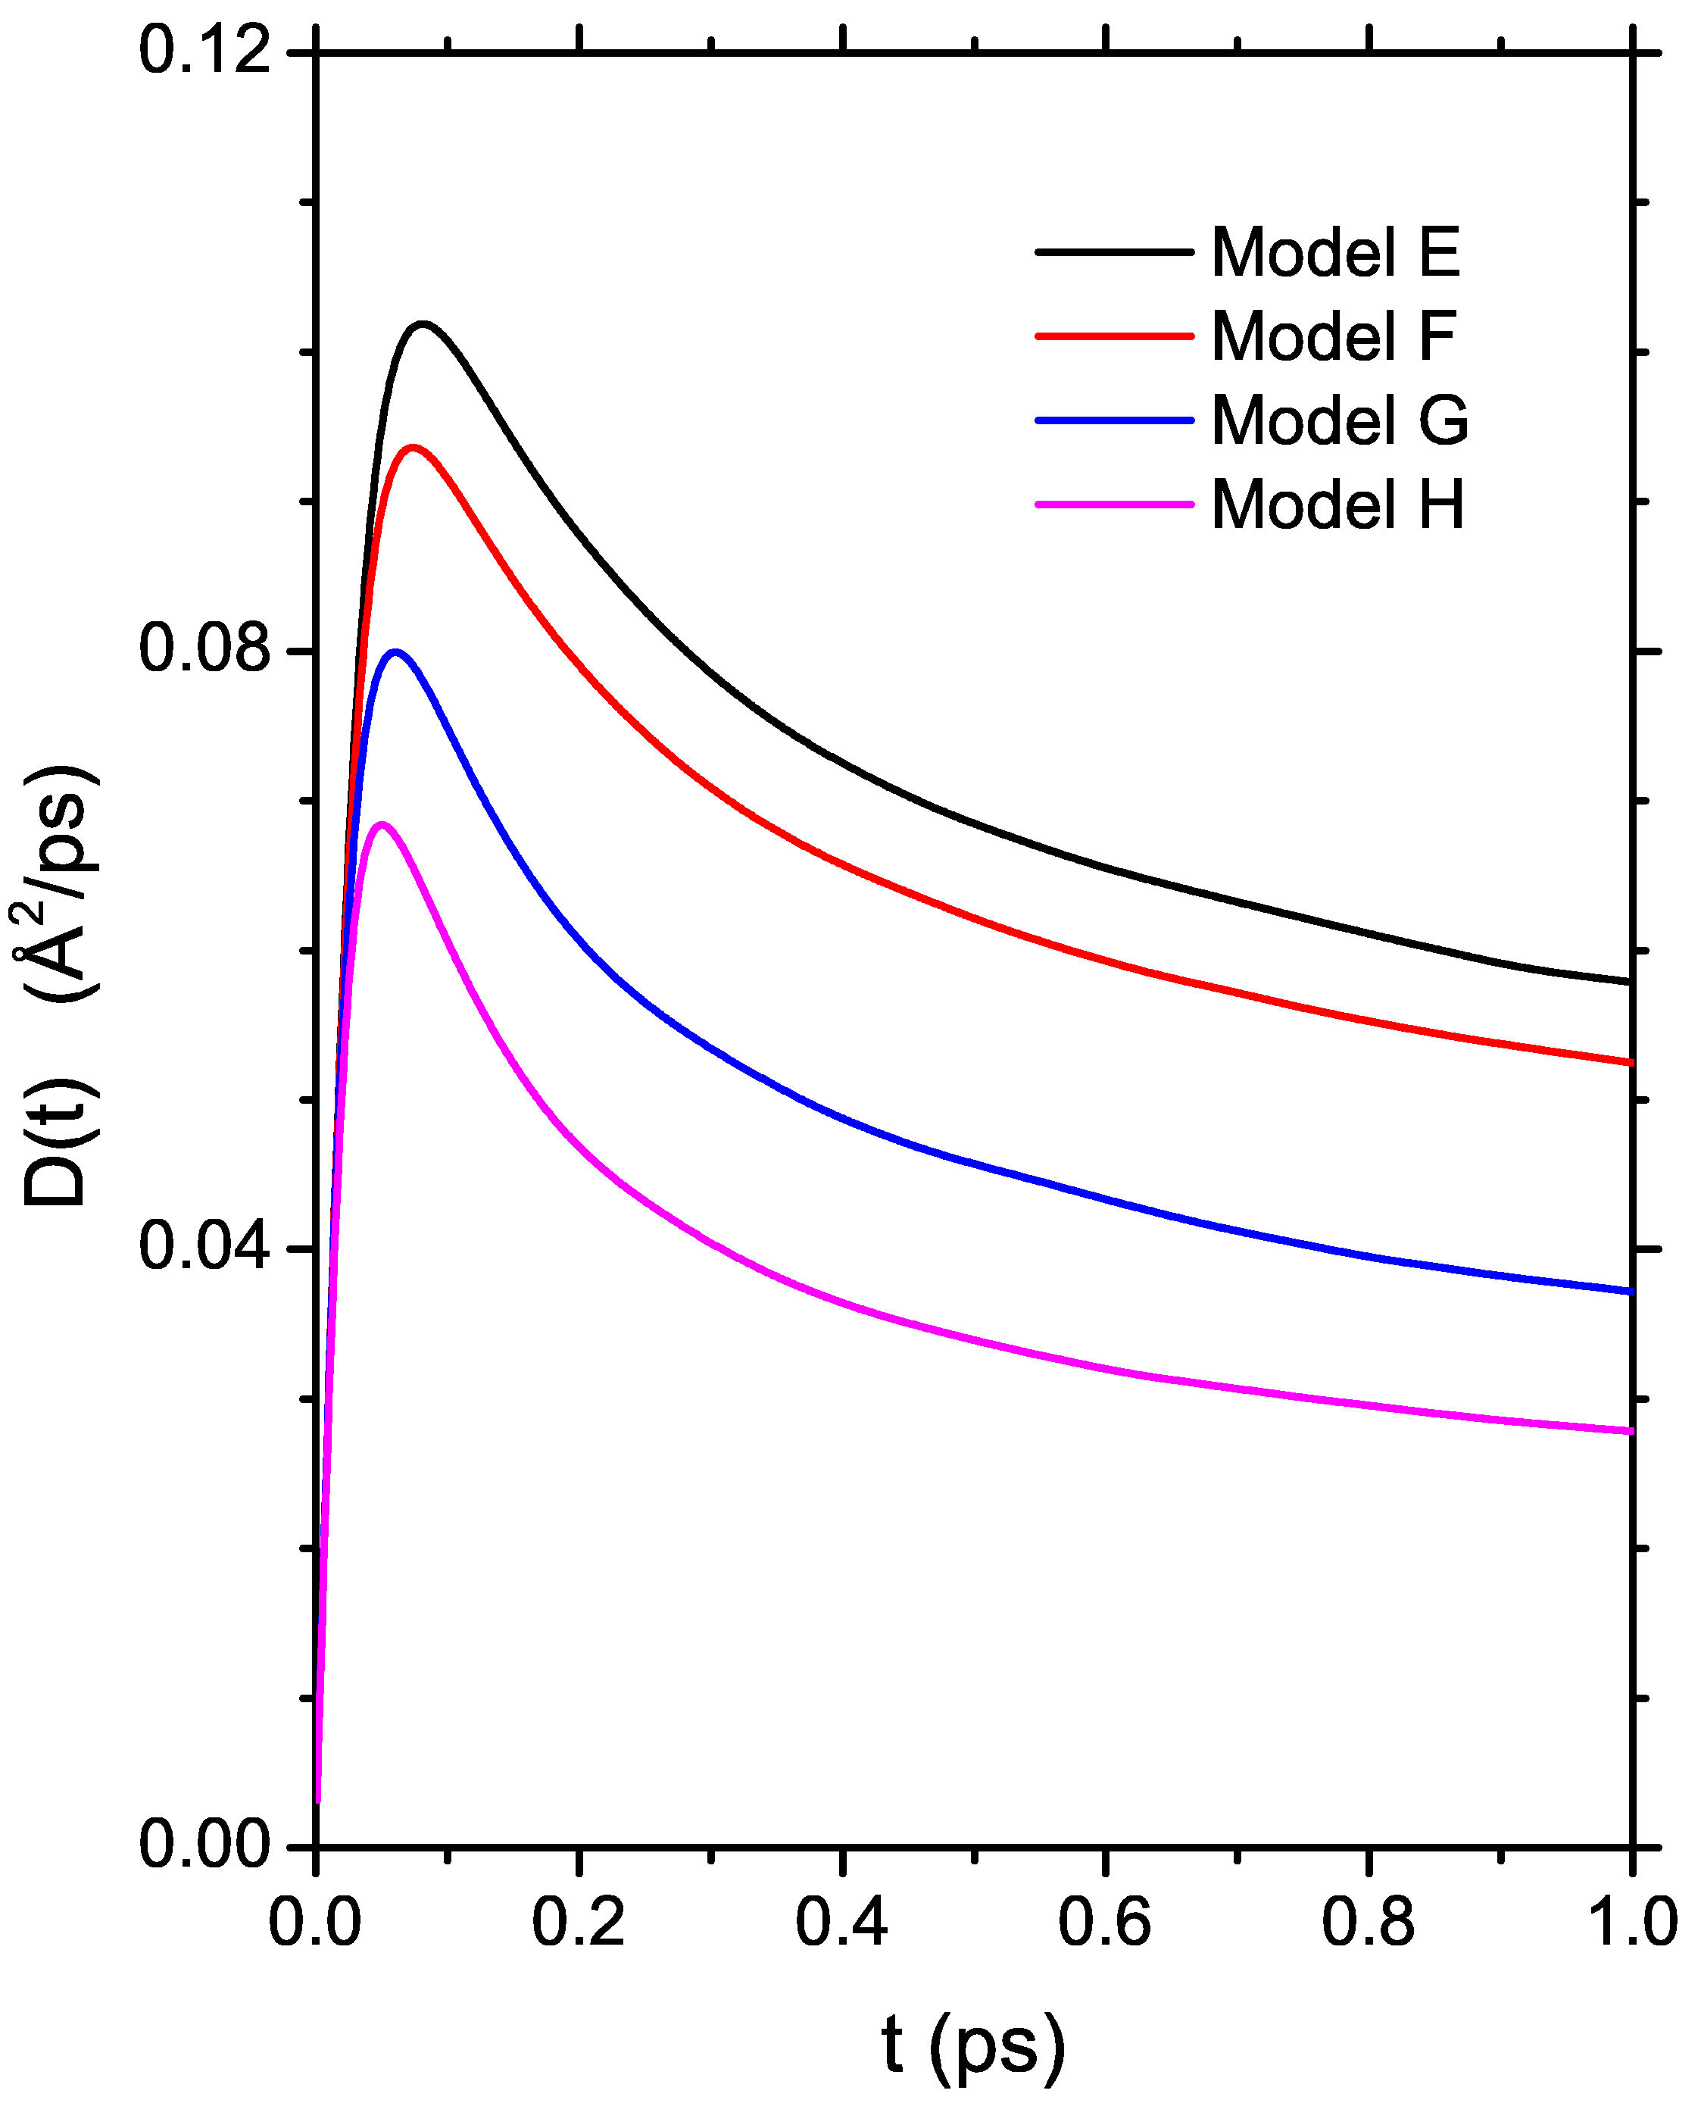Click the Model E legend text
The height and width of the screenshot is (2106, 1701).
[x=1334, y=253]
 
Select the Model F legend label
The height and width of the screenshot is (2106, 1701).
[x=1333, y=337]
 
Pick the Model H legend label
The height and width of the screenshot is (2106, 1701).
[x=1337, y=506]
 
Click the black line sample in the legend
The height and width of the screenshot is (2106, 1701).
[x=1114, y=253]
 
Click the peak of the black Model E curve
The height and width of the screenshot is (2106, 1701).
[x=423, y=323]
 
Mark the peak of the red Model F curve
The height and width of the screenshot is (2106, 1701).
[x=414, y=447]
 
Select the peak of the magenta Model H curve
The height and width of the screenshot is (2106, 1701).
[x=382, y=823]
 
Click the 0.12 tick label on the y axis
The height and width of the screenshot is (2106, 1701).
[x=204, y=51]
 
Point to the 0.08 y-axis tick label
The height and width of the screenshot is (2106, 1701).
[x=204, y=650]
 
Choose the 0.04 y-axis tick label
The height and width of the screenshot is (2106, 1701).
[x=204, y=1248]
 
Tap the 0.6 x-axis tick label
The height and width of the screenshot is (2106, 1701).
[x=1104, y=1923]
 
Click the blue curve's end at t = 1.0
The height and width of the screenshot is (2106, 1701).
[x=1631, y=1292]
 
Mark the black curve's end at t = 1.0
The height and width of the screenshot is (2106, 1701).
[x=1631, y=982]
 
